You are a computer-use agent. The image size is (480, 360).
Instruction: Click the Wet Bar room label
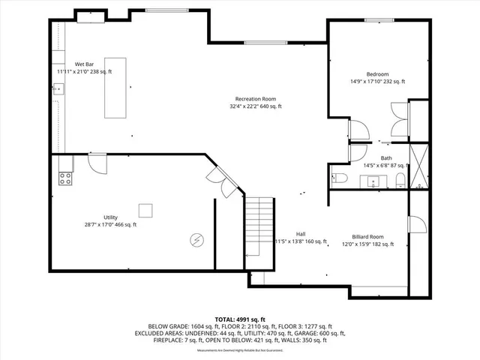tap(84, 64)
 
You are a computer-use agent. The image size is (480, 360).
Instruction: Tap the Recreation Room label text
tap(255, 99)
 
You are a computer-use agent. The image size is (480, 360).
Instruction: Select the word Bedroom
tap(377, 73)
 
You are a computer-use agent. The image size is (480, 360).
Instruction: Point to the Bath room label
tap(385, 157)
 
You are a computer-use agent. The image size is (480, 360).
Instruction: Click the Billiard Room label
tap(368, 235)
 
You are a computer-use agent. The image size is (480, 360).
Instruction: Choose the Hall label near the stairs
tap(300, 233)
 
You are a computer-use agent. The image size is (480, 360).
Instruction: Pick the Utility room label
tap(110, 217)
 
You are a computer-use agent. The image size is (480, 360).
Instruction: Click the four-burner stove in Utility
tap(65, 178)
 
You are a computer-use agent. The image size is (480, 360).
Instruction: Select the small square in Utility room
tap(146, 210)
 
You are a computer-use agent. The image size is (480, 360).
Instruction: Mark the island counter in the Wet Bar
tap(115, 87)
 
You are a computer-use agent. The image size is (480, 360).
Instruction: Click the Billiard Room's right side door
tap(415, 223)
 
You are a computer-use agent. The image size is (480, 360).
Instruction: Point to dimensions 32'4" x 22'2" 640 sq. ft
tap(255, 106)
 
